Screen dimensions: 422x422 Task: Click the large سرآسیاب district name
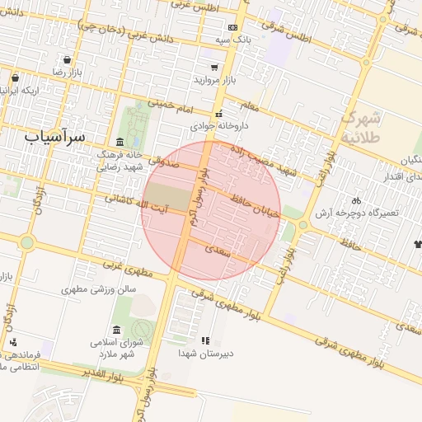click(x=56, y=134)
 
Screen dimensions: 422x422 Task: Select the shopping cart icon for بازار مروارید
click(x=214, y=68)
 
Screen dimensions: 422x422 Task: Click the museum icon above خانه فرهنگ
click(x=120, y=142)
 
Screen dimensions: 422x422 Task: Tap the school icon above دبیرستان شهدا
click(x=205, y=340)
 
